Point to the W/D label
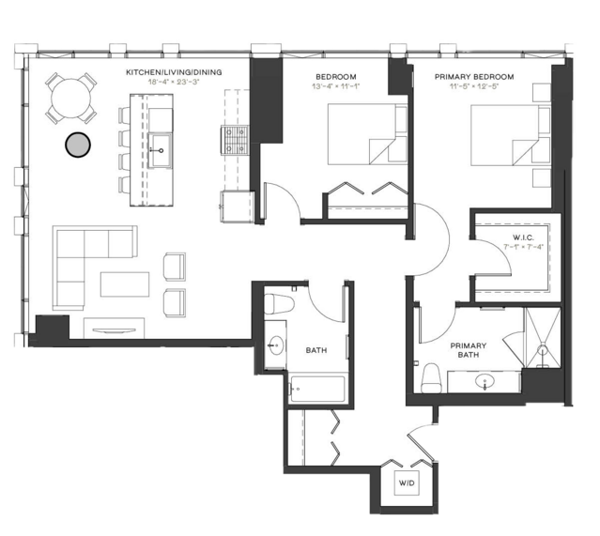(407, 482)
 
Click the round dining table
(72, 98)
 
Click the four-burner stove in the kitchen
(233, 139)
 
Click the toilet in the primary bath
(433, 378)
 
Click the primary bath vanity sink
(484, 381)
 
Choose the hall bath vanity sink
(275, 345)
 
